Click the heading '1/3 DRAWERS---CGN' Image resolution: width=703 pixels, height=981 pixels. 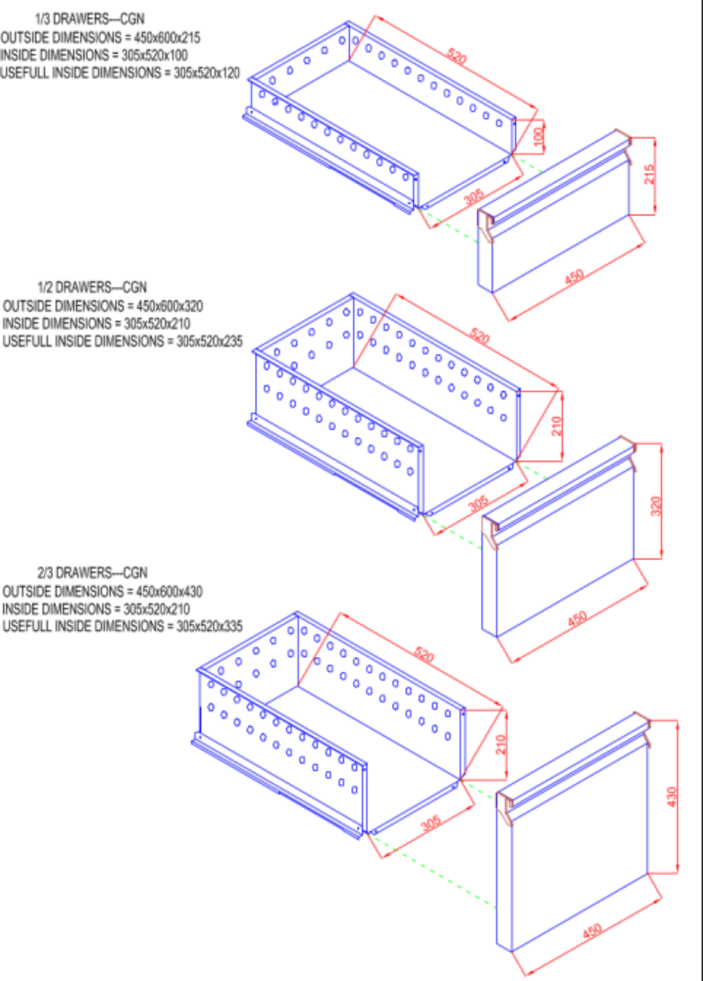[90, 19]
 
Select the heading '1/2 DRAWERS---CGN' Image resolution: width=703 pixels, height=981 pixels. [92, 287]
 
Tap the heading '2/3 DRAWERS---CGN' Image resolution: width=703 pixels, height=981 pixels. [92, 573]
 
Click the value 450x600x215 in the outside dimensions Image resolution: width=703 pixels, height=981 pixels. [167, 38]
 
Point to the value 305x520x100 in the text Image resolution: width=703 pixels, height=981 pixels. [155, 55]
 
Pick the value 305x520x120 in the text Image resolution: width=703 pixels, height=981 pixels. [207, 73]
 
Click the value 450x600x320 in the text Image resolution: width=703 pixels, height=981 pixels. [169, 306]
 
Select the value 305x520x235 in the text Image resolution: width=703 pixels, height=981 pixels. [209, 341]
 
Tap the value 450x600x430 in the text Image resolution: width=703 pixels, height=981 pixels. [169, 592]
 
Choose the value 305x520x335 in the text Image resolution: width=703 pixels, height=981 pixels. [209, 626]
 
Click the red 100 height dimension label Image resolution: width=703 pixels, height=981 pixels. [539, 136]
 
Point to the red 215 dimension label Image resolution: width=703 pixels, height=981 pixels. [649, 174]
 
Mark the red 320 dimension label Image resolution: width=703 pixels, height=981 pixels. [656, 506]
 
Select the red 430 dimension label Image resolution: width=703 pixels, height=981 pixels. [672, 797]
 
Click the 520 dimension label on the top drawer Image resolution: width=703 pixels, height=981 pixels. [456, 56]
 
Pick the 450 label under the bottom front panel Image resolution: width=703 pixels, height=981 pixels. [592, 931]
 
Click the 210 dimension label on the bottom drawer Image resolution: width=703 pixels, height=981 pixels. [500, 744]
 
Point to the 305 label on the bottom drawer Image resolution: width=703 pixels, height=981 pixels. [431, 824]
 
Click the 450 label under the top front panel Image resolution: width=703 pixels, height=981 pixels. [574, 277]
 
